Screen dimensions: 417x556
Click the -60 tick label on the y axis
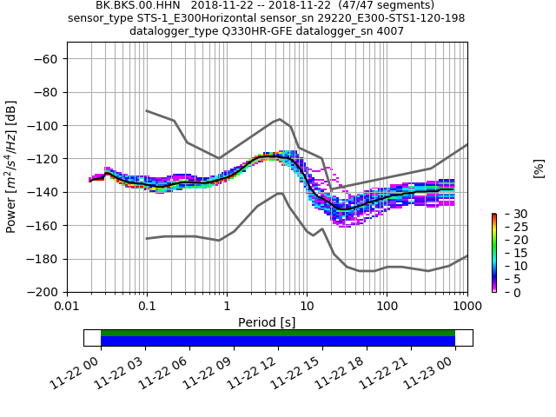[x=44, y=59]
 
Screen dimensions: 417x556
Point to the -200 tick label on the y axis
[x=41, y=292]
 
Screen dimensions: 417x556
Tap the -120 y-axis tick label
[x=41, y=159]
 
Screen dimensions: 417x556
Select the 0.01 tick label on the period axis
[x=67, y=307]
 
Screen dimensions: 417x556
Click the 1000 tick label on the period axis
[x=467, y=307]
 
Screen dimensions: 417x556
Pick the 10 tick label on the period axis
[x=307, y=307]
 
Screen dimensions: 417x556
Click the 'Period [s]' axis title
[x=267, y=322]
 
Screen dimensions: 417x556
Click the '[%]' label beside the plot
[x=539, y=168]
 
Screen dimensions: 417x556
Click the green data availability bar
[x=278, y=333]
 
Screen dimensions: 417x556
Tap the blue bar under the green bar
[x=278, y=341]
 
